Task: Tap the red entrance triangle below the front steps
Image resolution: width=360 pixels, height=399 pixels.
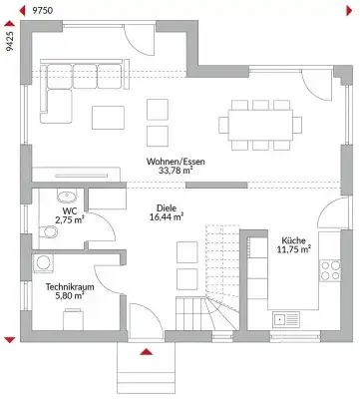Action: pos(147,352)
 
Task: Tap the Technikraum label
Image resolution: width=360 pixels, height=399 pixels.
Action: pos(69,285)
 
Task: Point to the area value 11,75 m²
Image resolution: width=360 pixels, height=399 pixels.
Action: pos(294,250)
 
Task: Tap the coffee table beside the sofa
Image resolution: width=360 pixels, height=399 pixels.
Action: pos(107,118)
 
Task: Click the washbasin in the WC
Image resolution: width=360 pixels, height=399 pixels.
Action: pos(68,196)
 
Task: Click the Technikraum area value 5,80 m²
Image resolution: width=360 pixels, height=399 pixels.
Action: pos(69,296)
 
